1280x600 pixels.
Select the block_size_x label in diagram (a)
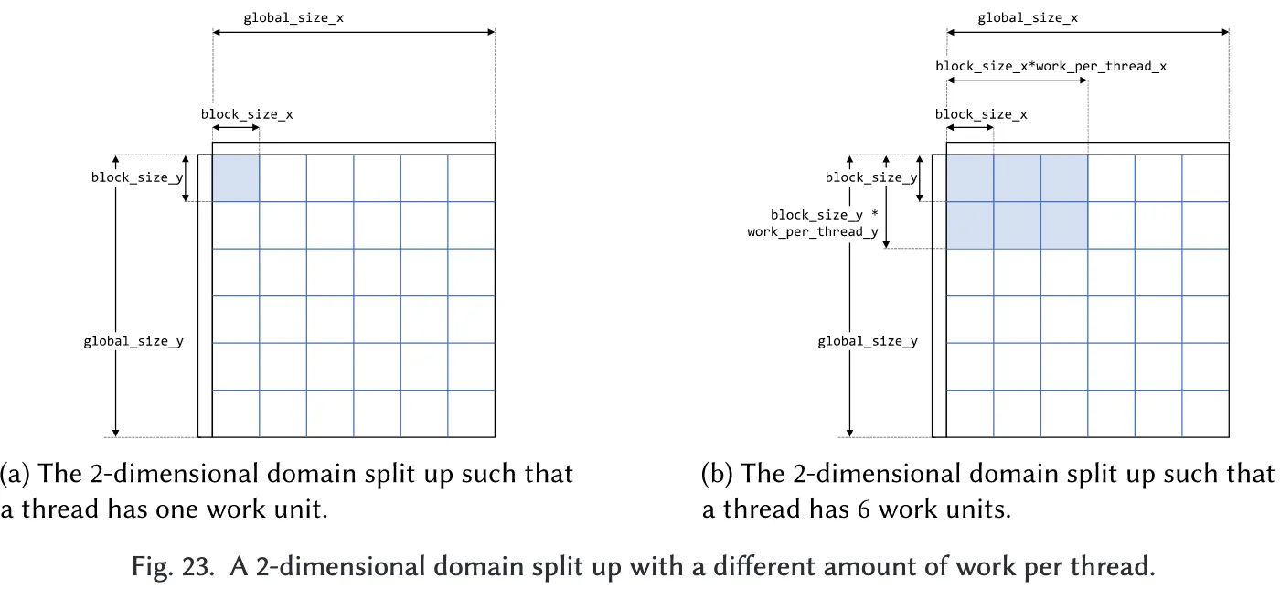(x=247, y=114)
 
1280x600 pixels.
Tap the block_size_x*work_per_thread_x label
(x=1051, y=66)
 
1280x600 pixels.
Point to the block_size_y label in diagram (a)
(x=136, y=177)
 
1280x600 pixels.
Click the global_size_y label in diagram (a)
(x=133, y=341)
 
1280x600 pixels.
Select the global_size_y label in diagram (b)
(x=868, y=341)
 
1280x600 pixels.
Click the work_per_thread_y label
(x=813, y=232)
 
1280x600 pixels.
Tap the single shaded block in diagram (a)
(x=236, y=178)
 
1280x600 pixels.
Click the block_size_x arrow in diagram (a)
(x=236, y=128)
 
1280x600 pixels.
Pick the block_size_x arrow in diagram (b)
(x=970, y=128)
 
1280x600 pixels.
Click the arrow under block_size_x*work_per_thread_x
(x=1017, y=80)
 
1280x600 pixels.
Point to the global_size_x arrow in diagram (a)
(x=353, y=33)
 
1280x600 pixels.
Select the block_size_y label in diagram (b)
(x=871, y=177)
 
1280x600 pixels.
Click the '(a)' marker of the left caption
(x=16, y=474)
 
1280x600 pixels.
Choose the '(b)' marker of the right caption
(x=718, y=474)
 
